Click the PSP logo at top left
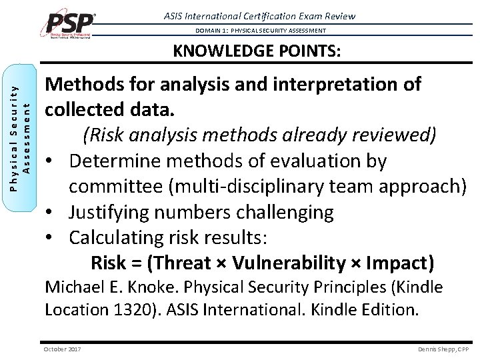(70, 25)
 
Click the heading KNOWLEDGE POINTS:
(257, 51)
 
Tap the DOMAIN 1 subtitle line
(261, 31)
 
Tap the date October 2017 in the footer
(62, 349)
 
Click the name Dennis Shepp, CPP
(443, 349)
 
